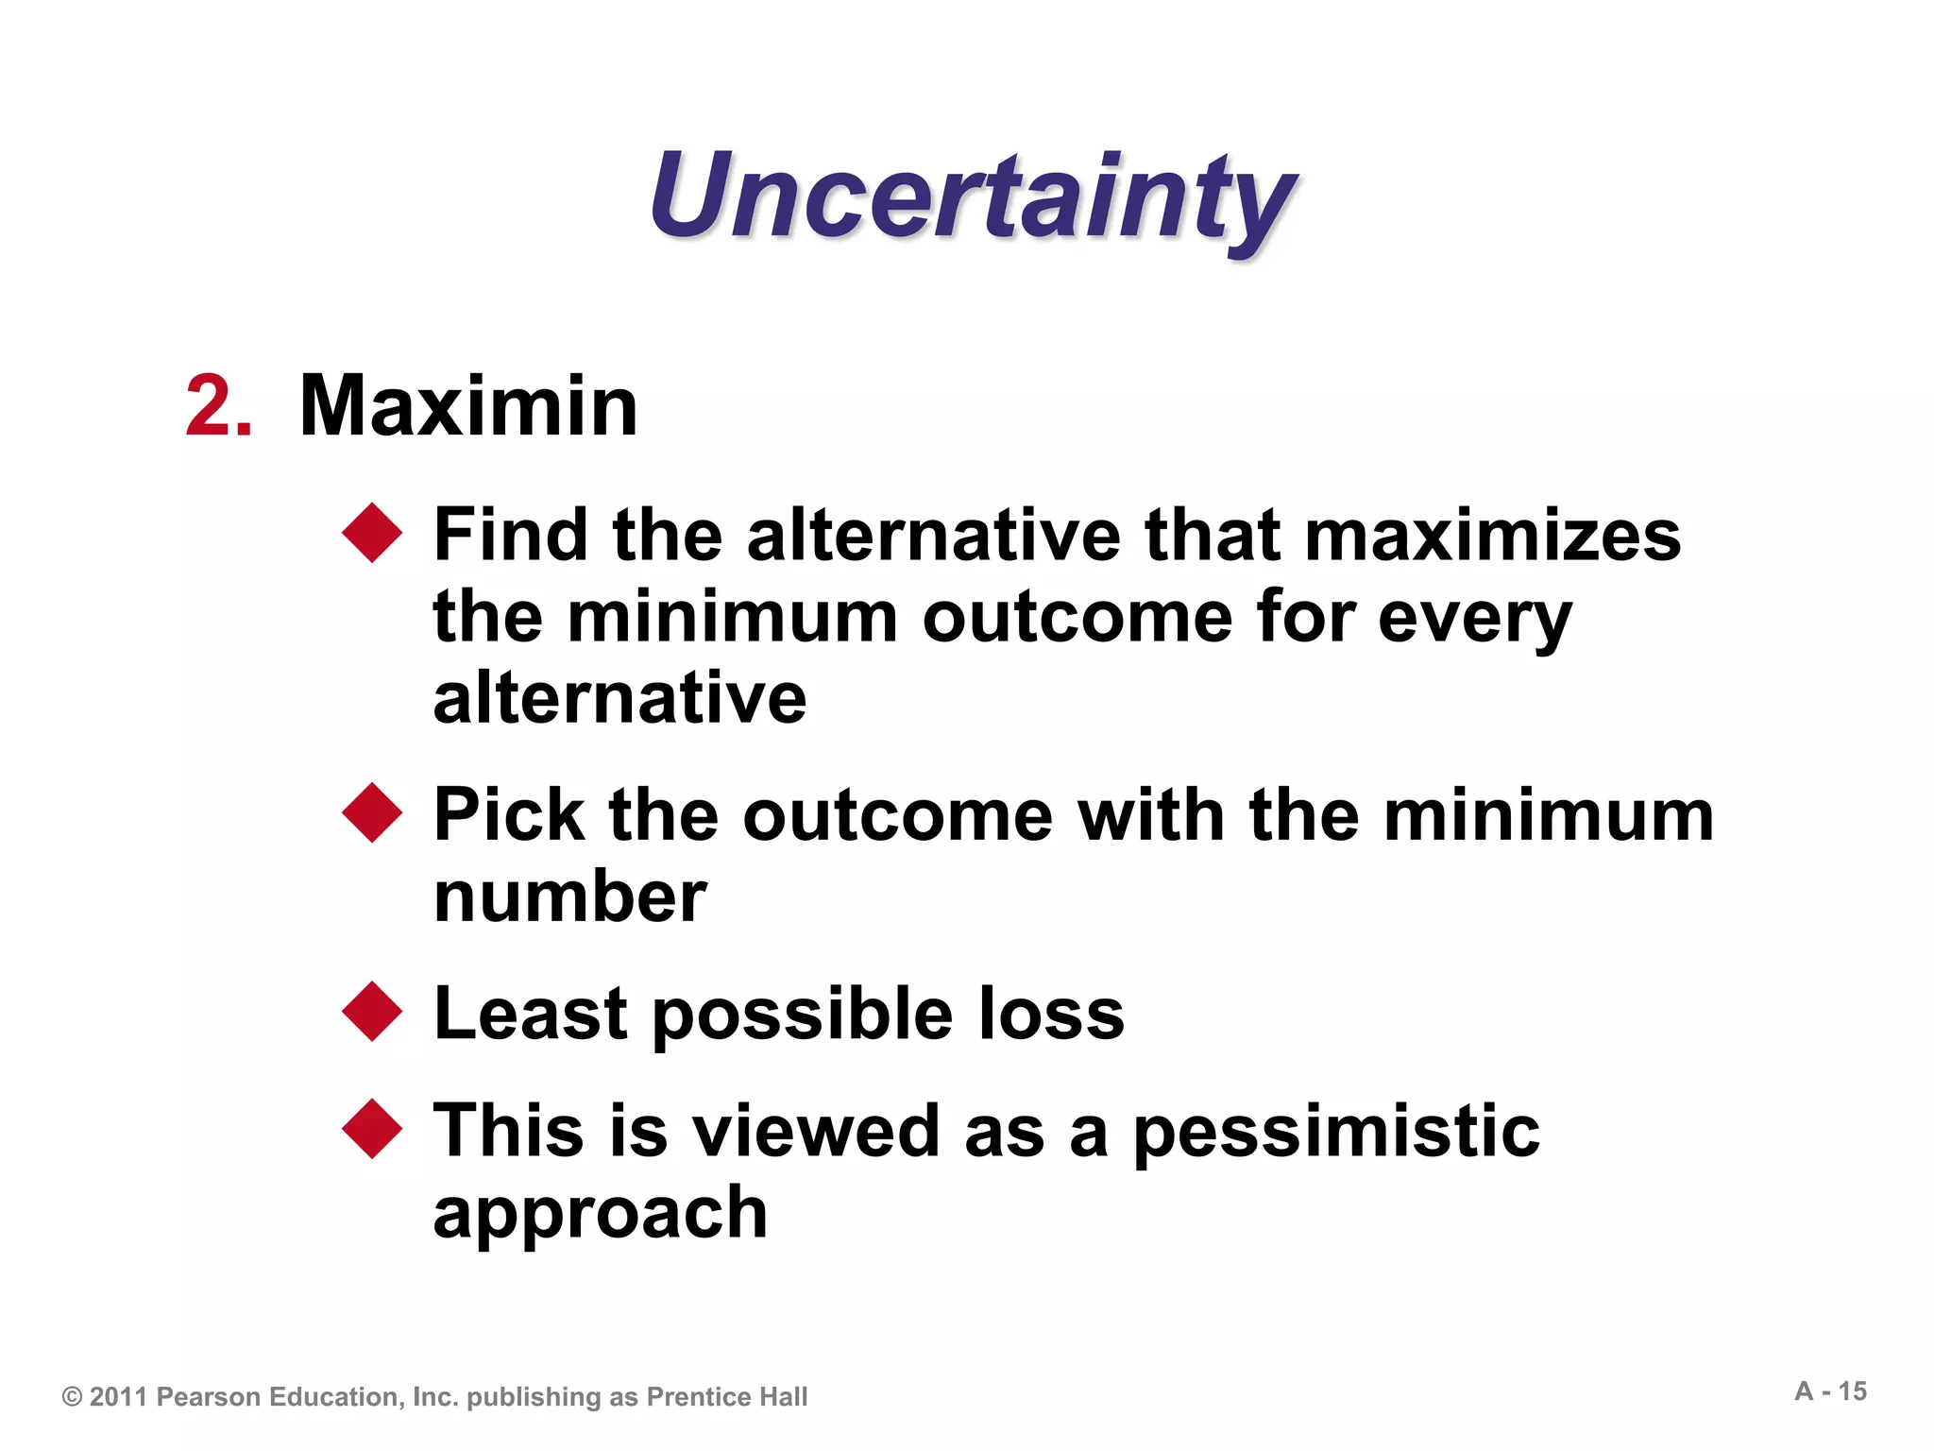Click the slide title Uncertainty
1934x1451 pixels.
click(973, 198)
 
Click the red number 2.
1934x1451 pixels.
click(218, 406)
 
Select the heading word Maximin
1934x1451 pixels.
click(468, 406)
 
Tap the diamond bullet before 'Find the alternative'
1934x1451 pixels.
click(373, 533)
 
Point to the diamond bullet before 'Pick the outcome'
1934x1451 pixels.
click(373, 812)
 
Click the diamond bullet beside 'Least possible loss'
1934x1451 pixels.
click(373, 1012)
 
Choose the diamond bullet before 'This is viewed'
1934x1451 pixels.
click(373, 1129)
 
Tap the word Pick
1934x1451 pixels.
click(509, 814)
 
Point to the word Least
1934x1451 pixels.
click(530, 1014)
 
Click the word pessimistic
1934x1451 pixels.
click(1336, 1132)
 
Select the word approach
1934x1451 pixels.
click(600, 1214)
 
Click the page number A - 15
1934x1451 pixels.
click(1830, 1391)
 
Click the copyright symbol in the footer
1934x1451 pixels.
click(72, 1397)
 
